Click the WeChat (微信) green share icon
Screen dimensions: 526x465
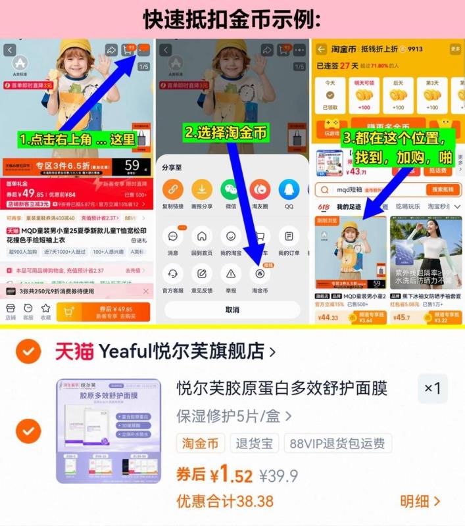tap(231, 190)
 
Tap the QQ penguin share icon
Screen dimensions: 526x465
tap(289, 190)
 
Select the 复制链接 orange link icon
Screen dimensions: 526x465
tap(173, 190)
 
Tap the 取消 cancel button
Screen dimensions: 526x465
tap(232, 310)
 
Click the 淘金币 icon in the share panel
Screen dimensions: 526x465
tap(260, 274)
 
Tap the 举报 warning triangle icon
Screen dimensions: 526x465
tap(231, 274)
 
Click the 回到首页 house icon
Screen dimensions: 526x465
tap(202, 236)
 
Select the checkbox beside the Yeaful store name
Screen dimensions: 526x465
tap(27, 352)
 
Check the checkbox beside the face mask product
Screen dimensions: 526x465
tap(27, 431)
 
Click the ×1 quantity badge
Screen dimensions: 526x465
tap(432, 389)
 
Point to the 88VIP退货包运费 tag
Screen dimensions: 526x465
tap(338, 443)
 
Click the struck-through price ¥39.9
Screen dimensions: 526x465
tap(278, 475)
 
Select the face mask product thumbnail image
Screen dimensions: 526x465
tap(109, 431)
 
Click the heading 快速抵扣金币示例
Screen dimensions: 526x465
tap(232, 19)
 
